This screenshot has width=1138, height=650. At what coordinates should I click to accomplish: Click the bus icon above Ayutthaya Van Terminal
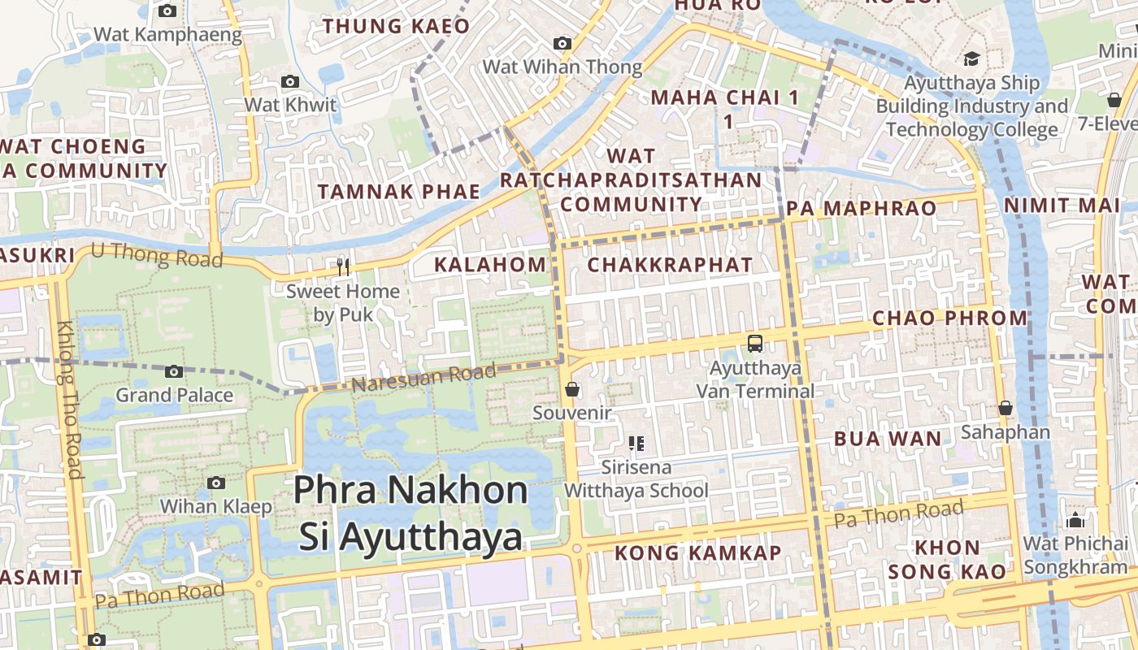[755, 343]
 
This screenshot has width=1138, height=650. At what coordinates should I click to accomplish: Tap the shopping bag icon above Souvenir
[572, 390]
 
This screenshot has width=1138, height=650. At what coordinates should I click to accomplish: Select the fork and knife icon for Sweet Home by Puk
[343, 266]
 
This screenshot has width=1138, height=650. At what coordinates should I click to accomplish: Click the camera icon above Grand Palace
[174, 371]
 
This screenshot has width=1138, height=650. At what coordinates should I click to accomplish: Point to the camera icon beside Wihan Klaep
[215, 483]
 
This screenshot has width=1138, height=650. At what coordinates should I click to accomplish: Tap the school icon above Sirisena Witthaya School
[636, 444]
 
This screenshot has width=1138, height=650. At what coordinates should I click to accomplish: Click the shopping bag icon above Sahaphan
[1006, 408]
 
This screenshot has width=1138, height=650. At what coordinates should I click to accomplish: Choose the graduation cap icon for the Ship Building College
[971, 58]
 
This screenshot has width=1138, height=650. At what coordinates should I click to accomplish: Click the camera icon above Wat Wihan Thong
[562, 43]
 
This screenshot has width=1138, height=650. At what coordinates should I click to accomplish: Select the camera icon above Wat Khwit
[289, 81]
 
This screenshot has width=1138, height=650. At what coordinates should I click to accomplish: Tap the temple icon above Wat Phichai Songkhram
[1076, 520]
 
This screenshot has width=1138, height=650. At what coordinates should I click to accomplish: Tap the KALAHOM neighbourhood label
[490, 264]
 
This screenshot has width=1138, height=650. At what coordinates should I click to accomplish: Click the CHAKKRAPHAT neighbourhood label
[670, 265]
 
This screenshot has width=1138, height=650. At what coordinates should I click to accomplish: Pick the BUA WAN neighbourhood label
[888, 440]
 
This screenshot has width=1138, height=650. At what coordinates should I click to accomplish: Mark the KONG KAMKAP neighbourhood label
[698, 553]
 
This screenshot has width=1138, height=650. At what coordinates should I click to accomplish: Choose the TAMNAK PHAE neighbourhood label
[399, 192]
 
